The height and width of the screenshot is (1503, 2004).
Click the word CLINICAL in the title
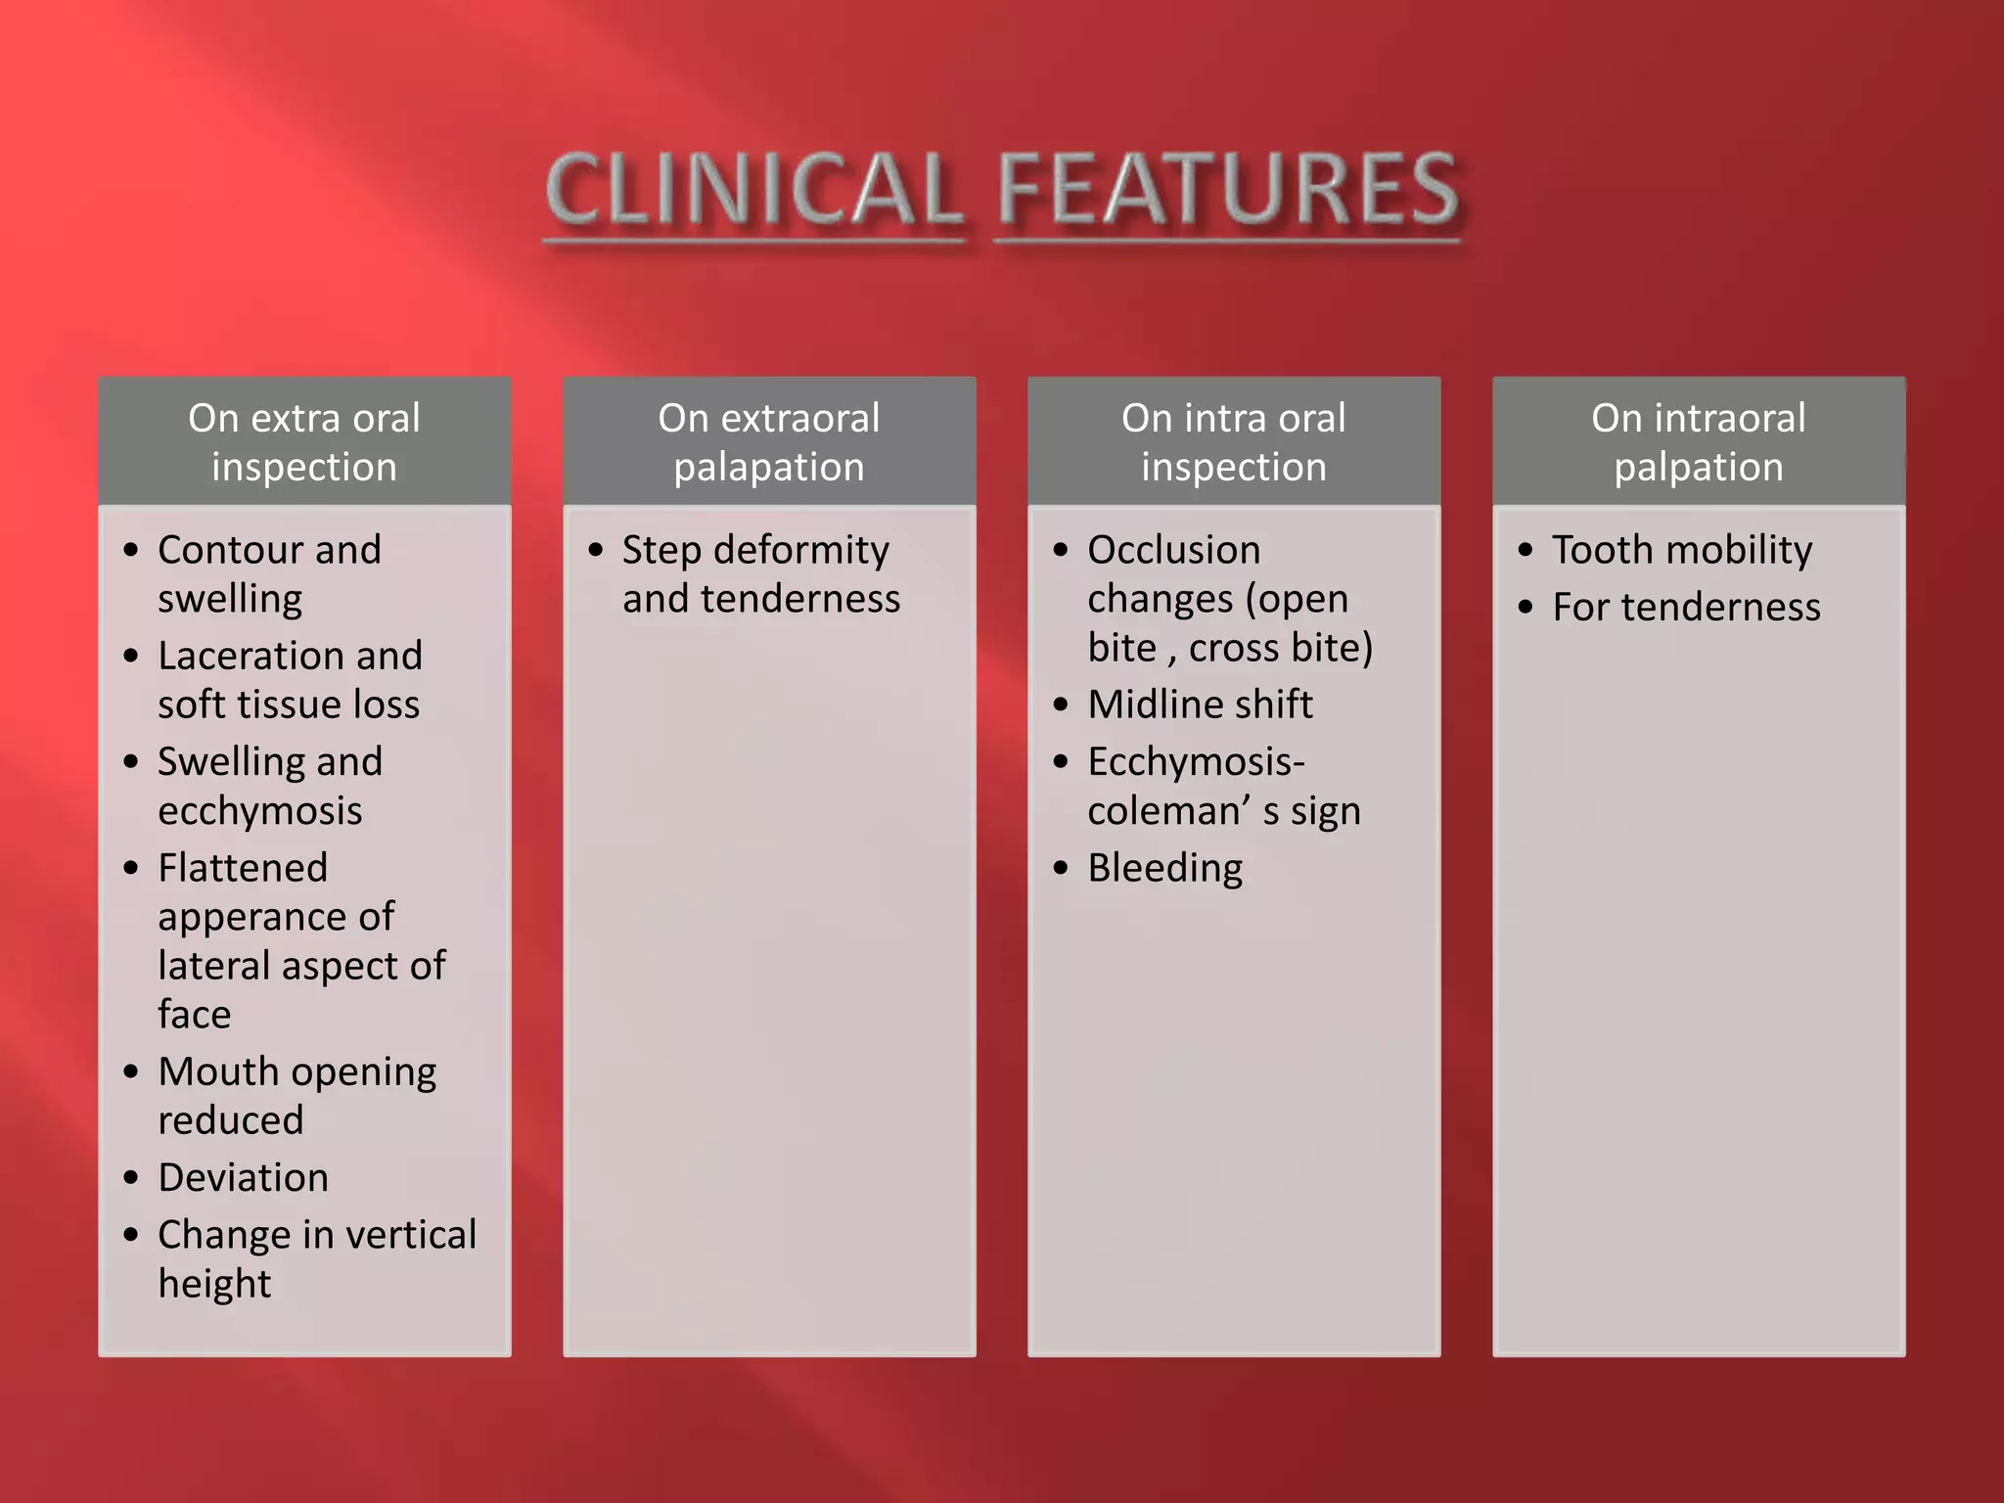click(x=753, y=191)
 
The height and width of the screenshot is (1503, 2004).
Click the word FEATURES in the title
click(x=1229, y=191)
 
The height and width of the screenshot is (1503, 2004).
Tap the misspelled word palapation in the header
click(x=769, y=467)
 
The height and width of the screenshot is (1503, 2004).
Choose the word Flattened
click(x=243, y=868)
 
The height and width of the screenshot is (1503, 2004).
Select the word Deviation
click(x=243, y=1177)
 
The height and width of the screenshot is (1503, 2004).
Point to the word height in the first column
click(x=214, y=1284)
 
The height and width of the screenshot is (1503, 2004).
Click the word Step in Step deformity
click(x=661, y=551)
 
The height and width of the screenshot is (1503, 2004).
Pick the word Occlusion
click(x=1173, y=550)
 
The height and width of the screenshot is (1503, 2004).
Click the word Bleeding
click(x=1164, y=869)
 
